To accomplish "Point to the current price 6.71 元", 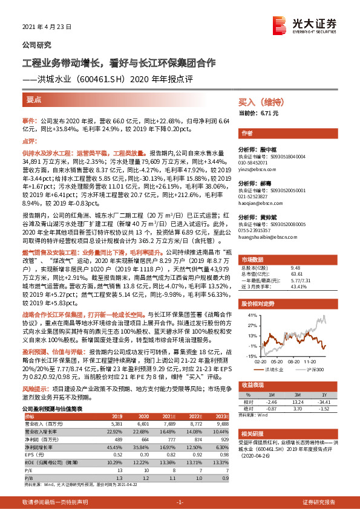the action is (270, 113).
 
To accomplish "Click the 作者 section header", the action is (246, 132).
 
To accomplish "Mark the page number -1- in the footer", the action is (179, 502).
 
